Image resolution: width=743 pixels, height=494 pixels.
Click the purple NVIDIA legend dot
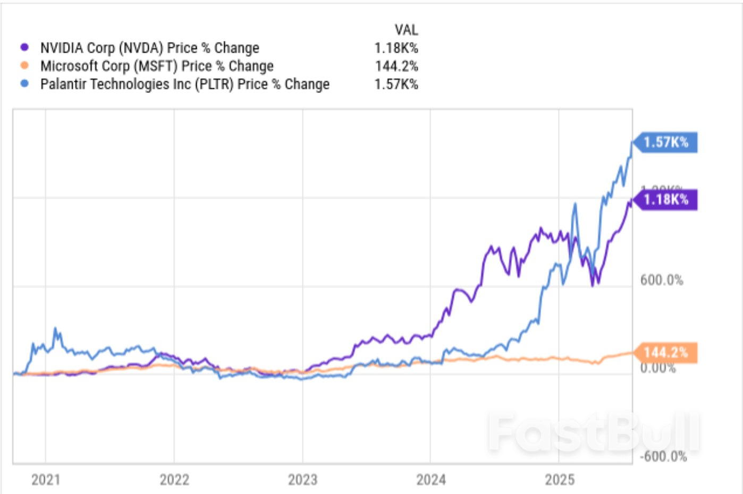coord(24,47)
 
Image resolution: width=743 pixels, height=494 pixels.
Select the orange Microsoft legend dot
coord(24,65)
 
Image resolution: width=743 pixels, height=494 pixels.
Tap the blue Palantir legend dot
coord(24,83)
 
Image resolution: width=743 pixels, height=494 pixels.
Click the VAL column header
coord(406,30)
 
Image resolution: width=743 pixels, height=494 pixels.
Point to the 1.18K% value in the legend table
coord(396,48)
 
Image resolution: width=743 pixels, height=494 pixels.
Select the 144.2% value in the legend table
coord(396,66)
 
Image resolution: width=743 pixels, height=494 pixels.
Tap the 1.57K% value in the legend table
coord(396,84)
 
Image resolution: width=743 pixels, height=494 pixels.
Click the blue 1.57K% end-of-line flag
coord(666,142)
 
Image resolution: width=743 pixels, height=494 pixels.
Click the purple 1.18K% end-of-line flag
coord(666,200)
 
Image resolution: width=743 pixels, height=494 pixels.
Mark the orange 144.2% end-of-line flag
coord(666,353)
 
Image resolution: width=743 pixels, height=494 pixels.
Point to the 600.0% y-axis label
coord(662,280)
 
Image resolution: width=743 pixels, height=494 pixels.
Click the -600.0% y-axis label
coord(663,456)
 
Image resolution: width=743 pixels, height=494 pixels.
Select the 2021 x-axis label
coord(46,480)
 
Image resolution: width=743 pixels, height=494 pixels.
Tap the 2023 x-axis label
coord(302,480)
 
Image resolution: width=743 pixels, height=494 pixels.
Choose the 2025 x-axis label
coord(560,480)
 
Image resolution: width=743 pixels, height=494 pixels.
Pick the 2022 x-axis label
coord(174,480)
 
